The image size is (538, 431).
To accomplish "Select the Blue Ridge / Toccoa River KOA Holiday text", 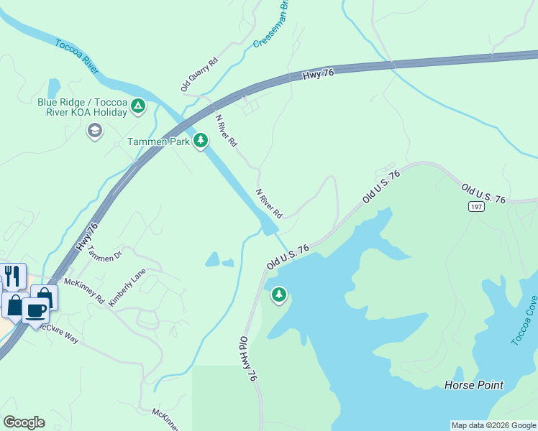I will [82, 107].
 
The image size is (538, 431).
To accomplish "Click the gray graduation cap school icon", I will [94, 131].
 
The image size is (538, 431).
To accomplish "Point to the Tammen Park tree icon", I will [201, 141].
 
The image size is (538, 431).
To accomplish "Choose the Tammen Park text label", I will [158, 142].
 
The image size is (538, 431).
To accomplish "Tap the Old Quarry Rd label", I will [199, 74].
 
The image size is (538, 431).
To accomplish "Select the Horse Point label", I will [473, 385].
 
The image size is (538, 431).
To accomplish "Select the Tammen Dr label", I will [105, 254].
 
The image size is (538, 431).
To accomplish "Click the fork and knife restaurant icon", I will [12, 276].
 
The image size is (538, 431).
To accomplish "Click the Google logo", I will [24, 422].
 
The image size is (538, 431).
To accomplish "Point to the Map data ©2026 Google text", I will [493, 425].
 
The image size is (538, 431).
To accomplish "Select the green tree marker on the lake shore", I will [278, 295].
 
